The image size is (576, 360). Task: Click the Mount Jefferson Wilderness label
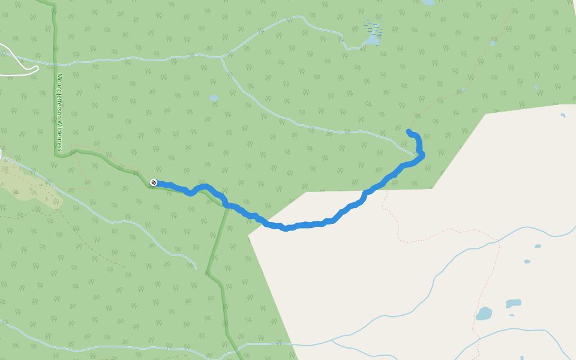point(60,112)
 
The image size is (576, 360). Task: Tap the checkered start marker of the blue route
point(154,182)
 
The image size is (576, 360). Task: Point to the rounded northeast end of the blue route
point(409,131)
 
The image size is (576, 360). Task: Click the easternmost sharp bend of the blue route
point(422,155)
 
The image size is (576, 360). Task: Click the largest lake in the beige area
point(484,313)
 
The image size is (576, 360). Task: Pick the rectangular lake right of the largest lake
point(513,304)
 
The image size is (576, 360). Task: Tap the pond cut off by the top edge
point(428,2)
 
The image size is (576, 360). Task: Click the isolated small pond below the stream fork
point(214,98)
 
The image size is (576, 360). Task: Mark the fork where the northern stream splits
point(221,58)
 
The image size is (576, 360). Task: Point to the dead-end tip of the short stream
point(196,267)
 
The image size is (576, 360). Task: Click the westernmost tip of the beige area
point(248,236)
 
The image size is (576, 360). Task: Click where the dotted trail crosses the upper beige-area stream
point(498,240)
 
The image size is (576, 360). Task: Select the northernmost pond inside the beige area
point(563,115)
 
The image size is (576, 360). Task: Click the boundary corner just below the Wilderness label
point(57,154)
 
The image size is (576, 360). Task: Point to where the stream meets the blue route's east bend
point(417,154)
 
